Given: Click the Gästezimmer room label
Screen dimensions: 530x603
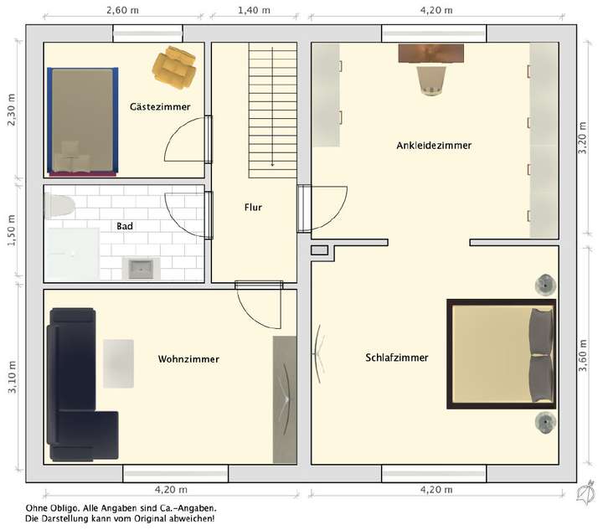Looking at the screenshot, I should pos(159,107).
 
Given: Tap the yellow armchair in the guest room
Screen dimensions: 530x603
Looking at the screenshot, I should pos(175,67).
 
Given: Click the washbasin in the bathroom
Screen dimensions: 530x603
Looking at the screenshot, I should pos(141,269).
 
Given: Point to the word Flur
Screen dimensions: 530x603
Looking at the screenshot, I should pos(254,207).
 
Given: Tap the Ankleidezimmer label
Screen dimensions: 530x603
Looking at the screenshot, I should pos(434,145).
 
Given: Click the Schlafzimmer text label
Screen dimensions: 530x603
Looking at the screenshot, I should pos(396,358).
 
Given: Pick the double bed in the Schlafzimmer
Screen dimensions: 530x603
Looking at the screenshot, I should pos(501,353).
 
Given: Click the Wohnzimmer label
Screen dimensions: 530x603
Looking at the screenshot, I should pos(188,359).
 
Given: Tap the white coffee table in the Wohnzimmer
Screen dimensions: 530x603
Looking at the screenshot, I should pos(118,363).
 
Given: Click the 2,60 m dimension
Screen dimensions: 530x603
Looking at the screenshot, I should pos(122,10).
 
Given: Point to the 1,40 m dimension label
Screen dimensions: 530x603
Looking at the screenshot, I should pos(255,10).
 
